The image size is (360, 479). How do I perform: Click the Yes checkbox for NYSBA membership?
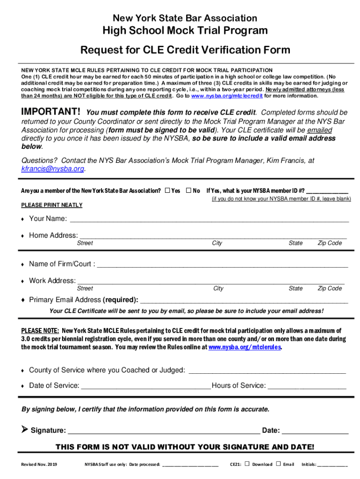click(167, 190)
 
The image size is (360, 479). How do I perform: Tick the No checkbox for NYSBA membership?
click(189, 190)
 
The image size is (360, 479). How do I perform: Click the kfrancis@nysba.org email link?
click(53, 169)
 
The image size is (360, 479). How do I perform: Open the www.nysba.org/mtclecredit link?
click(227, 96)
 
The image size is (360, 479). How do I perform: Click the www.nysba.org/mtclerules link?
click(245, 348)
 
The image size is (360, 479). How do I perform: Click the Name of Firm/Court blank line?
click(223, 265)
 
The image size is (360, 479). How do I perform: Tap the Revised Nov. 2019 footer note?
click(39, 464)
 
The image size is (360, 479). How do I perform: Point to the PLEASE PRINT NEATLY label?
click(52, 205)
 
